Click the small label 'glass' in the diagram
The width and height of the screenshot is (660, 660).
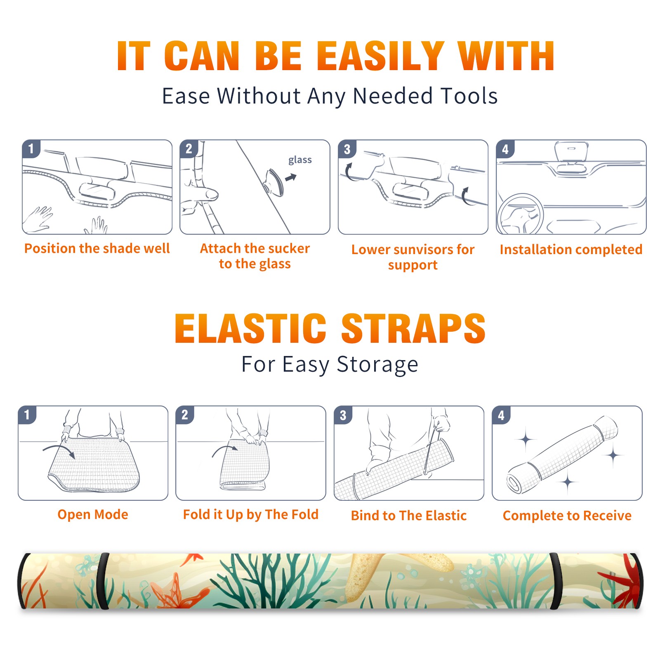click(x=300, y=160)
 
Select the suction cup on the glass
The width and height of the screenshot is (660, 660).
click(x=274, y=182)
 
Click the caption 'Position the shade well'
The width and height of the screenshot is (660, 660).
click(x=97, y=248)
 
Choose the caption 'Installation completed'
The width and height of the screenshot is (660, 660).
click(x=571, y=249)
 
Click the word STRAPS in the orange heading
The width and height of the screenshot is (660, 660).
click(x=413, y=328)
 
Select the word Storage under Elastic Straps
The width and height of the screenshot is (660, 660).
click(x=377, y=365)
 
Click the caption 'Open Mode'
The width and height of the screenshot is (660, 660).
click(x=93, y=514)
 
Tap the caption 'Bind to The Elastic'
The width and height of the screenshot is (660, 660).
click(x=408, y=515)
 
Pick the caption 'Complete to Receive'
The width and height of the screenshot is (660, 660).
click(x=567, y=516)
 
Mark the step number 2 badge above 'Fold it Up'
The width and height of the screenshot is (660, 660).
click(x=185, y=415)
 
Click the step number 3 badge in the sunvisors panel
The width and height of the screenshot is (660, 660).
click(x=347, y=149)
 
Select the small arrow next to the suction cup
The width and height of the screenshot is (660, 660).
click(x=291, y=177)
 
